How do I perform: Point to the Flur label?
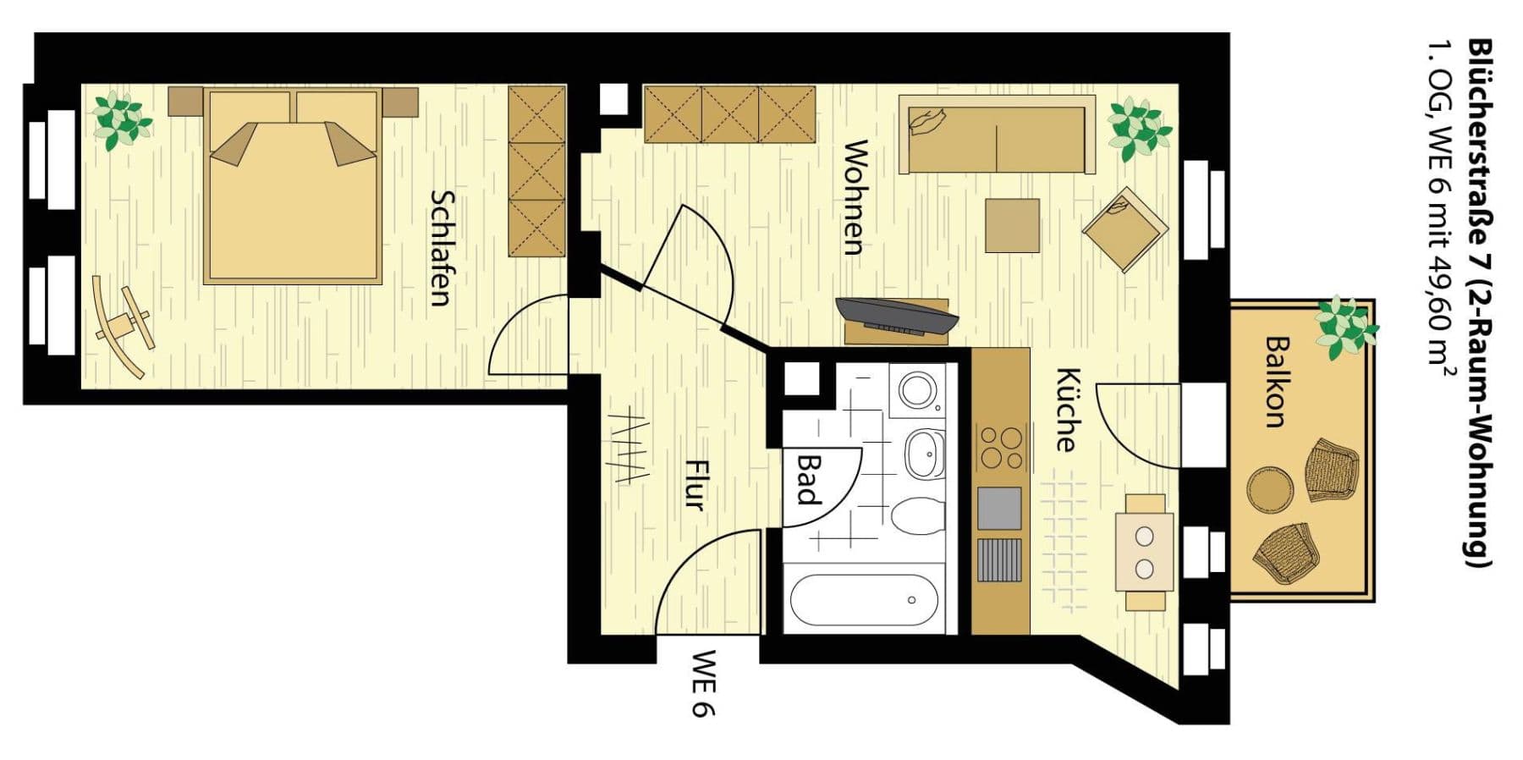pos(694,485)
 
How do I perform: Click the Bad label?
pos(810,480)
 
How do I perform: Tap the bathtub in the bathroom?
pos(864,600)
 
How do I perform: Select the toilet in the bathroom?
pos(918,515)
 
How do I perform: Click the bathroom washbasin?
pos(925,454)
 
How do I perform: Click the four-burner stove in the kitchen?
pos(1000,448)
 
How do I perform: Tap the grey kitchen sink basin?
pos(999,508)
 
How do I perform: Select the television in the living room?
pos(897,315)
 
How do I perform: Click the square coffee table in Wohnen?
pos(1012,225)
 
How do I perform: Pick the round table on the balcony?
pos(1269,488)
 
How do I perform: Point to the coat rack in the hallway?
pos(629,447)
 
